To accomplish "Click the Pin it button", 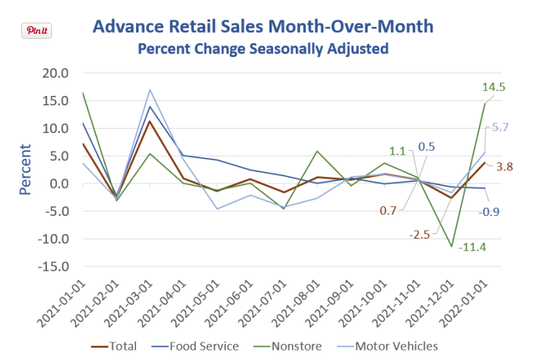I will pyautogui.click(x=37, y=30).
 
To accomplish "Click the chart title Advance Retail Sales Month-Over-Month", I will pyautogui.click(x=263, y=28).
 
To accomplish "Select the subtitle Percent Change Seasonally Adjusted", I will pyautogui.click(x=263, y=50).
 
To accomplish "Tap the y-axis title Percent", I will pyautogui.click(x=25, y=169).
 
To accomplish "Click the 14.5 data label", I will pyautogui.click(x=494, y=87).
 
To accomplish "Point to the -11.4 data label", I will pyautogui.click(x=474, y=247).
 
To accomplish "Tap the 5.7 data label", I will pyautogui.click(x=501, y=127).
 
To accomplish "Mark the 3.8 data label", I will pyautogui.click(x=505, y=166).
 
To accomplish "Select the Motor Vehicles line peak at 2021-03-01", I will pyautogui.click(x=150, y=90).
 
